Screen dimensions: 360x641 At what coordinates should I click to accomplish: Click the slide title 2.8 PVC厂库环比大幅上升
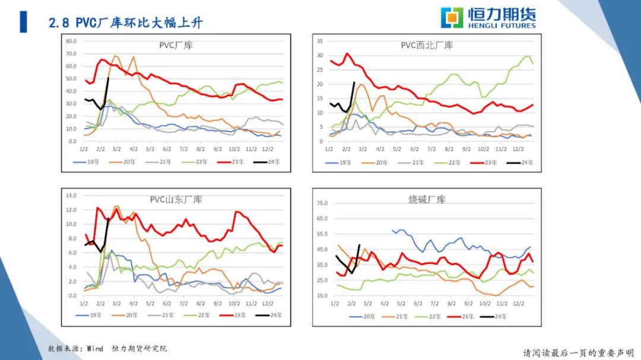125,23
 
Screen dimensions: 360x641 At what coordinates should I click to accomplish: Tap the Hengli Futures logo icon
452,17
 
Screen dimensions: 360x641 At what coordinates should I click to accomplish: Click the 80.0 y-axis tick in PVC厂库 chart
71,42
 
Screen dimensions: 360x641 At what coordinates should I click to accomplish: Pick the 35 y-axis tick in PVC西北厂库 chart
319,41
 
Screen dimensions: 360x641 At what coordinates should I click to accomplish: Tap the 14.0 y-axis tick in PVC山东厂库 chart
71,195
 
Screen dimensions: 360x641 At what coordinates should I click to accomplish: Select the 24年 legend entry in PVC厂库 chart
268,162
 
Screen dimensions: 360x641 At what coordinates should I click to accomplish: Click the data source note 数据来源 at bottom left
107,348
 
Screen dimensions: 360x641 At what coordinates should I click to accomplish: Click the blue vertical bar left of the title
23,22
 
